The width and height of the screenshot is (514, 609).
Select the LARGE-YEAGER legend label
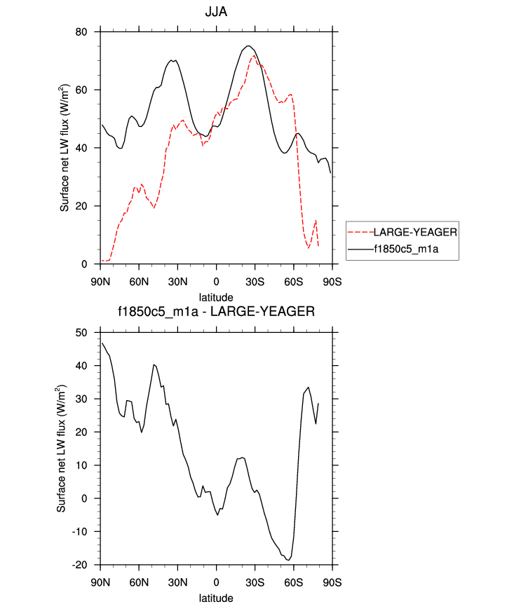coord(416,232)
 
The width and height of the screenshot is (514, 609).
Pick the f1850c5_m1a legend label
coord(412,248)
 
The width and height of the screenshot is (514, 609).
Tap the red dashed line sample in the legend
coord(360,232)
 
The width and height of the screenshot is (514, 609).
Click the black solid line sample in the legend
coord(360,248)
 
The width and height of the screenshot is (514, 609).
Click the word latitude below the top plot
coord(216,298)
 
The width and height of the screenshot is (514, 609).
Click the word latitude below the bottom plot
coord(216,598)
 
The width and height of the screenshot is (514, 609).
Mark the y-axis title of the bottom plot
coord(64,448)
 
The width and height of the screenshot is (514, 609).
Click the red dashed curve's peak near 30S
coord(253,55)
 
